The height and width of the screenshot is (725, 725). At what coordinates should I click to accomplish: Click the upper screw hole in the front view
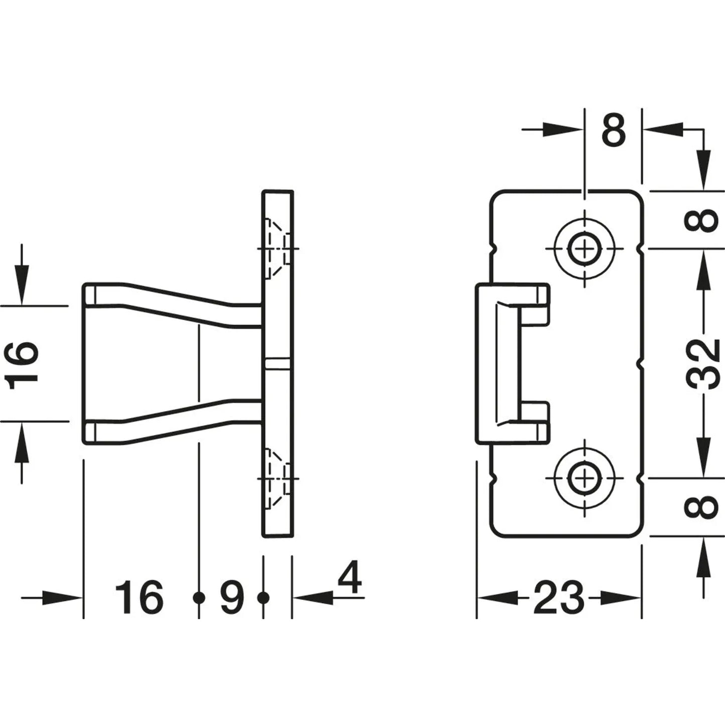coord(585,248)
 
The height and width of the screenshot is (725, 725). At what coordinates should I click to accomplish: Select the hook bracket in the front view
coord(512,364)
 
